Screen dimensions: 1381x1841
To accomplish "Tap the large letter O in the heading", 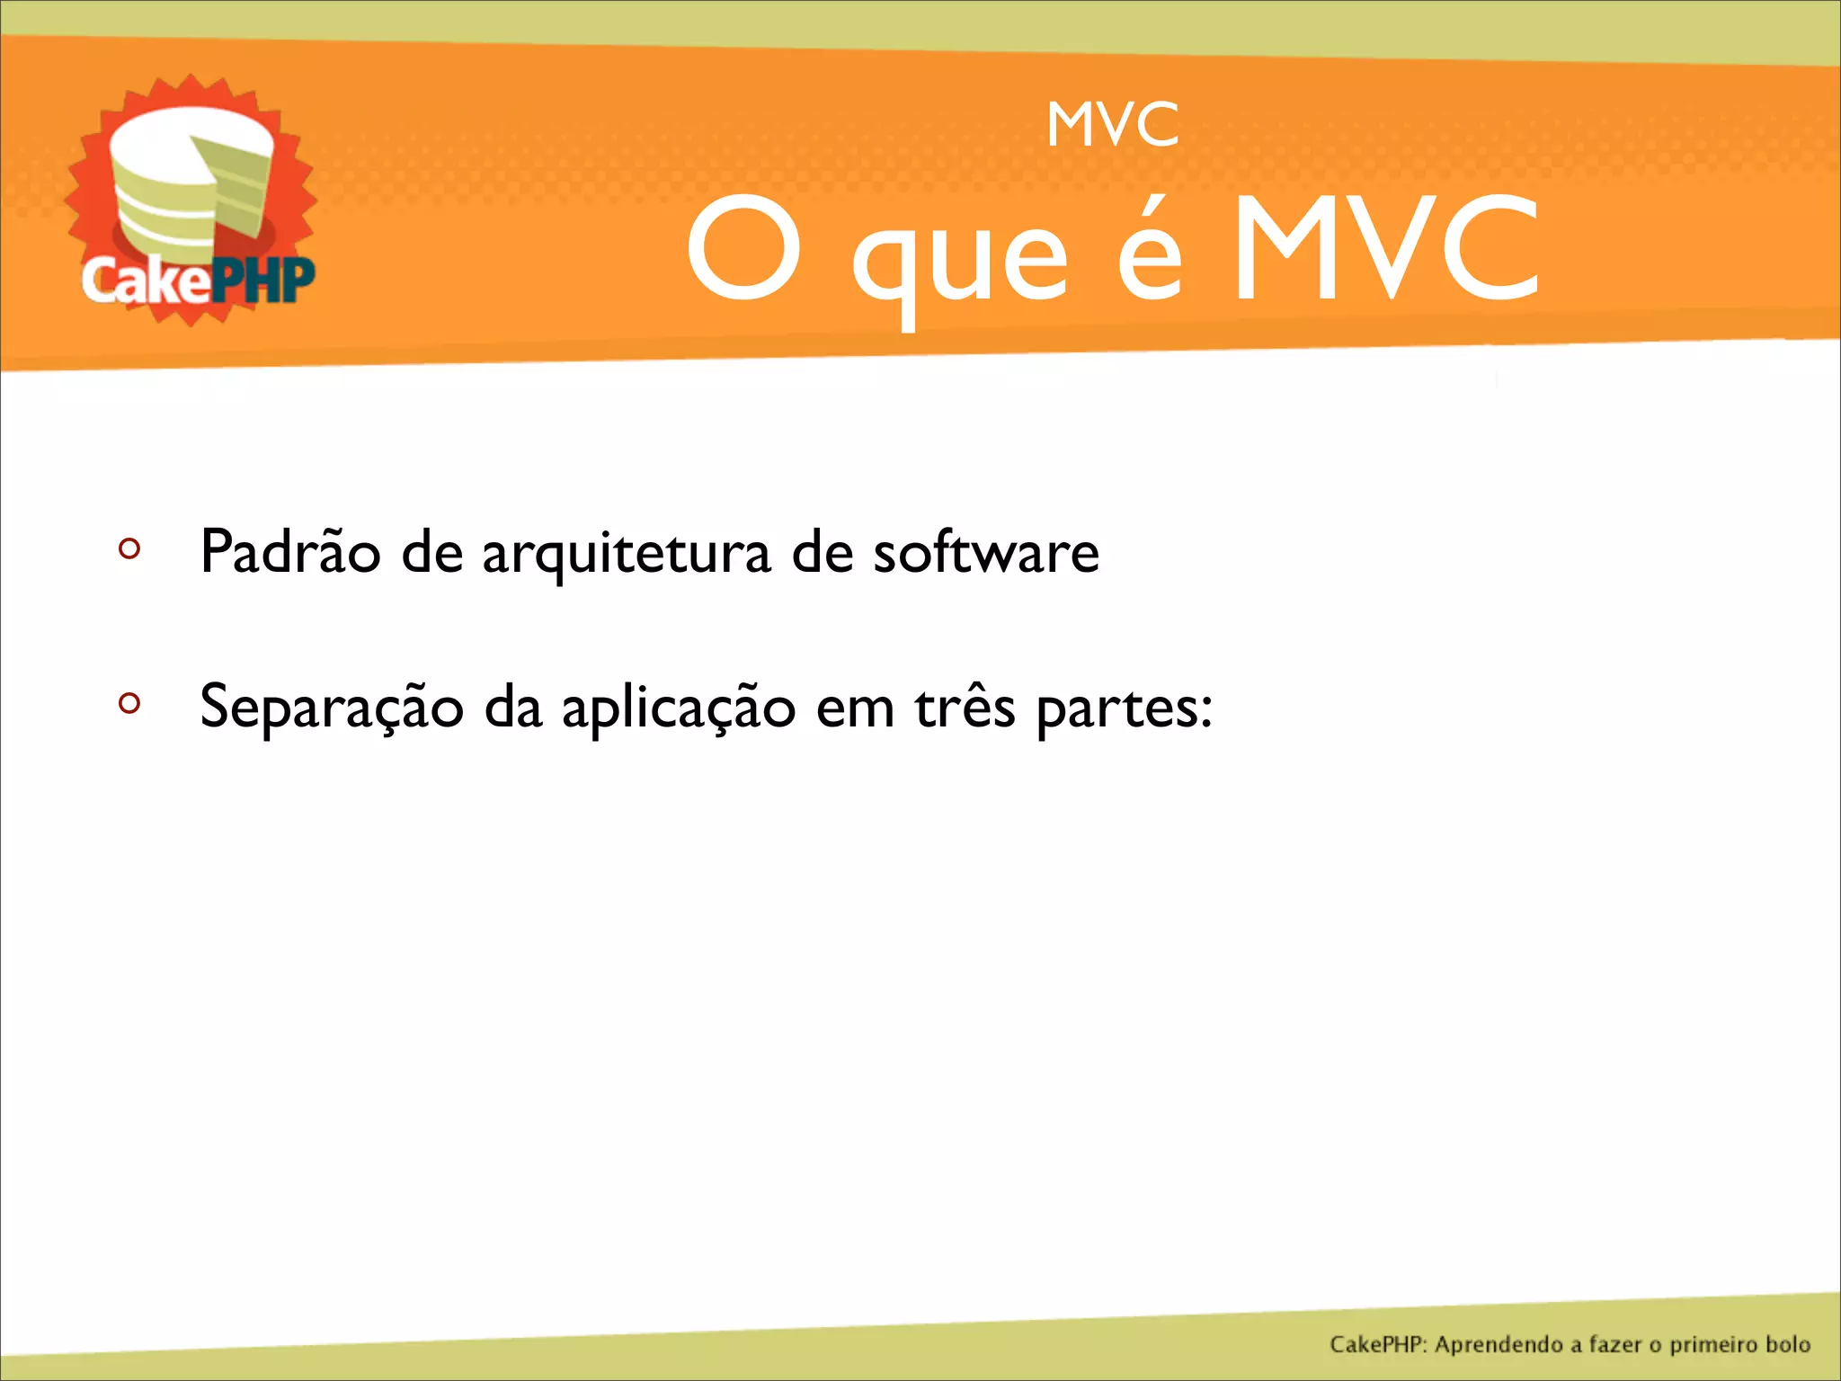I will [x=743, y=249].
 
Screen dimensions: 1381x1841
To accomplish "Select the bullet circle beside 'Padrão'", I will [x=129, y=548].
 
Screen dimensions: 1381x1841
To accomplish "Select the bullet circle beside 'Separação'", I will [x=129, y=703].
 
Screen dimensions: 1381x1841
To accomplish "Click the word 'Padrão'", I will [x=290, y=550].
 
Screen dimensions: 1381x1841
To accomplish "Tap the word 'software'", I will [x=986, y=550].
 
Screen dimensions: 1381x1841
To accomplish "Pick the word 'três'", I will [x=965, y=707].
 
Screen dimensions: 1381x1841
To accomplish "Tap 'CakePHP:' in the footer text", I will [x=1378, y=1344].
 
